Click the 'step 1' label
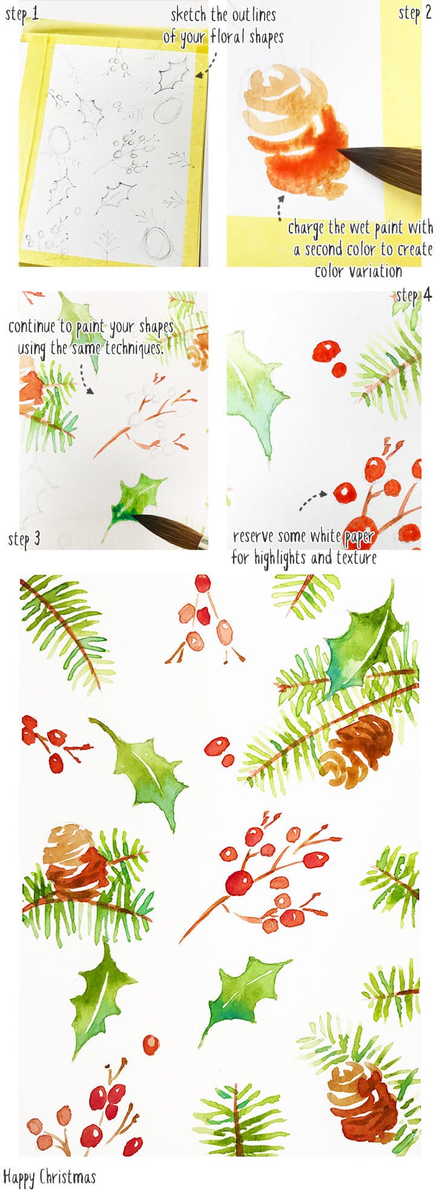tap(22, 14)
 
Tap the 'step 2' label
tap(415, 13)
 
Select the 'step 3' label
tap(24, 538)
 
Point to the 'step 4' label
tap(414, 295)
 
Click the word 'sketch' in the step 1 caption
tap(188, 15)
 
